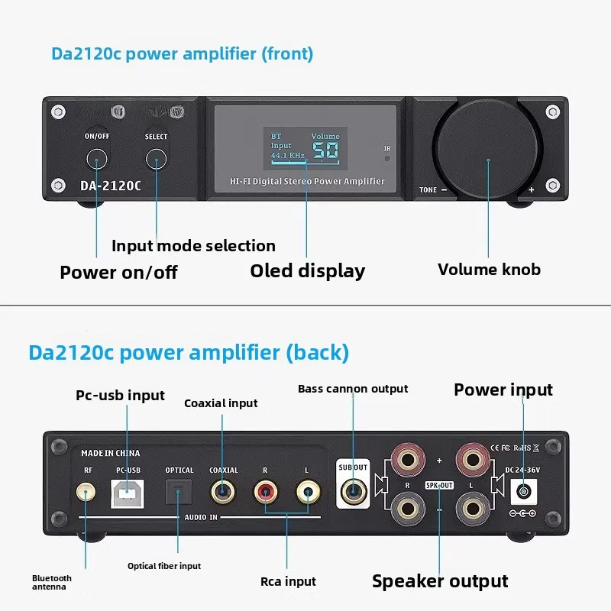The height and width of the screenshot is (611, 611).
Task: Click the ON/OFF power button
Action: [97, 159]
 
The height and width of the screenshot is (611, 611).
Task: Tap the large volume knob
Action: [487, 149]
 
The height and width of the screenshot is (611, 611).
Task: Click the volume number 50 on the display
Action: [325, 150]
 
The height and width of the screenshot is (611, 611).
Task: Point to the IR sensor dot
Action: [387, 159]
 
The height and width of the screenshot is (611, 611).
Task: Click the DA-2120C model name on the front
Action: [111, 186]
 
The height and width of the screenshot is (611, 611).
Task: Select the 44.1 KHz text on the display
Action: [288, 155]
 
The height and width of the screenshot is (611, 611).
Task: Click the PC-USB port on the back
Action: [127, 493]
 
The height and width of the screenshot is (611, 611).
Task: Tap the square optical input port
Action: [179, 492]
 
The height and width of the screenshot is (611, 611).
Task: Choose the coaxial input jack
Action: [223, 492]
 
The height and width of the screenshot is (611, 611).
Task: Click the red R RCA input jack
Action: [266, 492]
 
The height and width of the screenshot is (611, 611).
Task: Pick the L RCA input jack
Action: [309, 492]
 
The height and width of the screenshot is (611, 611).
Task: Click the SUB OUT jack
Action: [354, 491]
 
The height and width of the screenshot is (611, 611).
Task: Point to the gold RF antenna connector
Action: [86, 493]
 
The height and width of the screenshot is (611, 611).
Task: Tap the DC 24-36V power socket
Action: [523, 492]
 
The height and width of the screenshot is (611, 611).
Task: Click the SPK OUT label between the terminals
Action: [439, 486]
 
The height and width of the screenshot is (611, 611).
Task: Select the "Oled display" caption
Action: [308, 271]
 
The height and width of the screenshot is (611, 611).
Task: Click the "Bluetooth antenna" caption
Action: [52, 583]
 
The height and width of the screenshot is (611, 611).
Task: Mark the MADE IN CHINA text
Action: [110, 453]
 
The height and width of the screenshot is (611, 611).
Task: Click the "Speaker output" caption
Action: [440, 581]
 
